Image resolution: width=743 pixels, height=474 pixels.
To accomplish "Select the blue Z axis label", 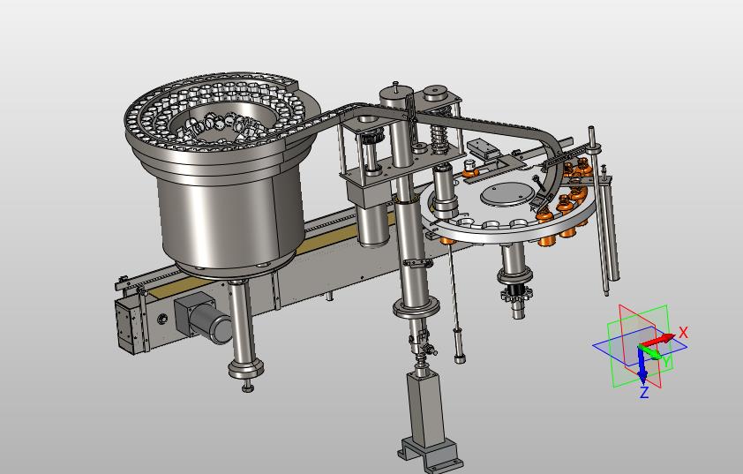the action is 644,393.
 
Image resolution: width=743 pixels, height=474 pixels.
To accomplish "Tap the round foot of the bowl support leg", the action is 246,367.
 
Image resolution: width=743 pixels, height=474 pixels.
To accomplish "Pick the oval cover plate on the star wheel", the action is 507,194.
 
